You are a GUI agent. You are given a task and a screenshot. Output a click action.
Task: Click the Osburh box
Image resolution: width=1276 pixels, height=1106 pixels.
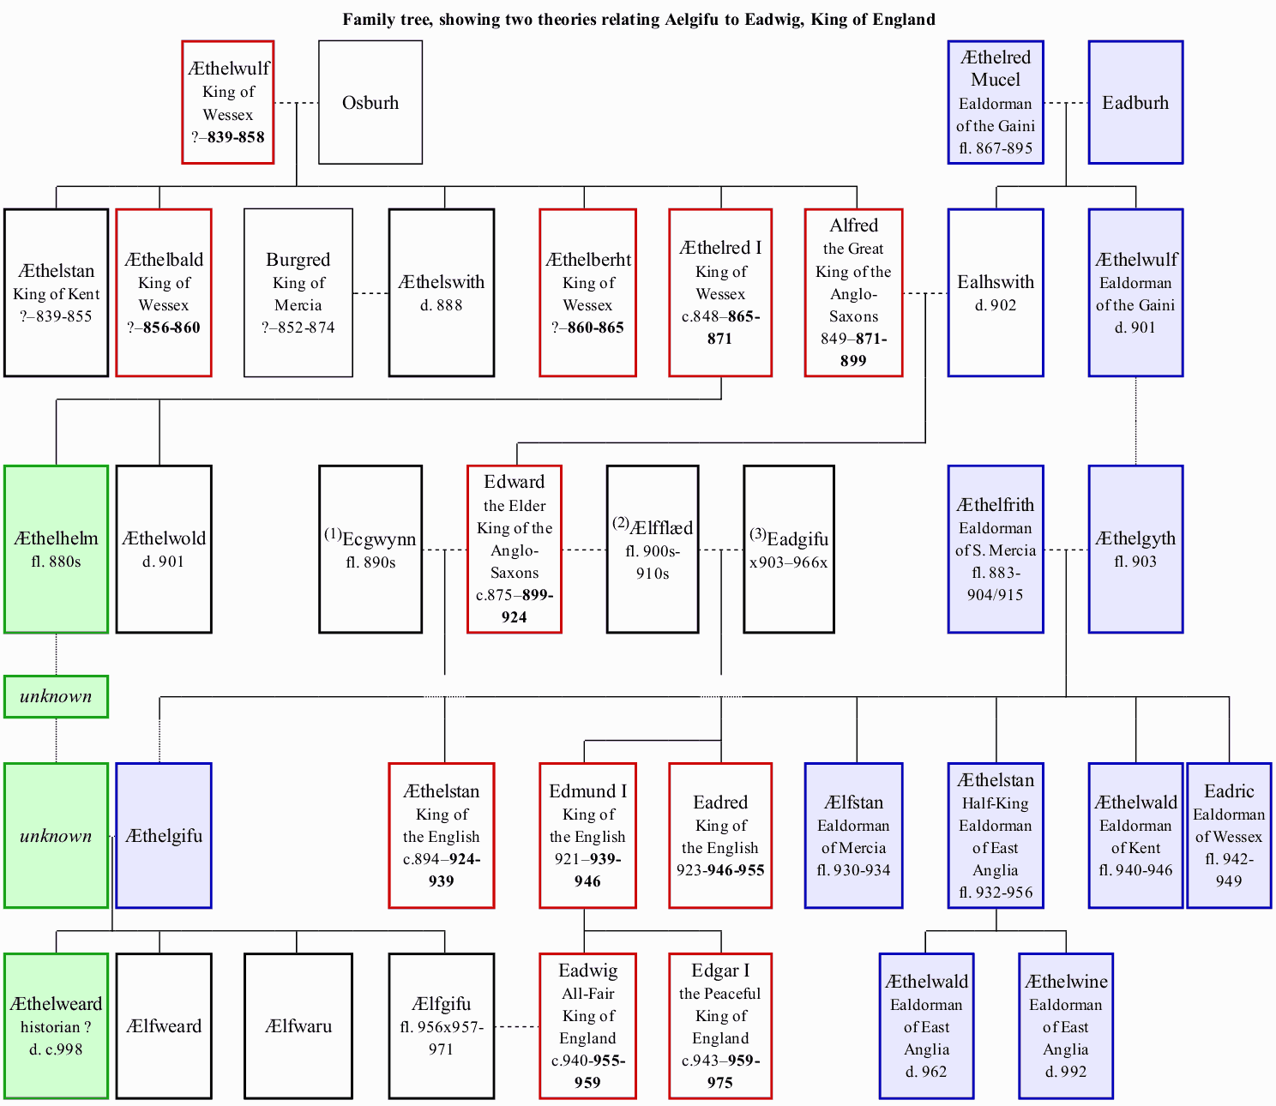click(x=370, y=102)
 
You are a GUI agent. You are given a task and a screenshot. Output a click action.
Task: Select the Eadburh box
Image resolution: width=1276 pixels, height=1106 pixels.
click(x=1136, y=102)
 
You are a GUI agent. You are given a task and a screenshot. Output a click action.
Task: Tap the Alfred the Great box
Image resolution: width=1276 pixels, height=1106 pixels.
click(x=854, y=292)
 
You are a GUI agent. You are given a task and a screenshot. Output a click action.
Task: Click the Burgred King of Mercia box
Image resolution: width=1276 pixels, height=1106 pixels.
click(x=298, y=292)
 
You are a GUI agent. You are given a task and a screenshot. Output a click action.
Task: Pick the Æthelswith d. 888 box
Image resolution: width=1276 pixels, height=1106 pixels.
click(x=442, y=292)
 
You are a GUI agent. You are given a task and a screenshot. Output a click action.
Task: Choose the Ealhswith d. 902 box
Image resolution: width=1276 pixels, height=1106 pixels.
click(x=996, y=292)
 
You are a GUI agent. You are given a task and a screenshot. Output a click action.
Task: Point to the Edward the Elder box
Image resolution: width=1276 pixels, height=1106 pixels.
click(x=515, y=550)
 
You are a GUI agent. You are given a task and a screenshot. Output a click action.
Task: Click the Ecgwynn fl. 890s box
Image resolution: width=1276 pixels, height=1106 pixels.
click(x=370, y=550)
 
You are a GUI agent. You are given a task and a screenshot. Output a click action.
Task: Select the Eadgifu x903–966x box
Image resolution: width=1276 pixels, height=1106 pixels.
click(x=789, y=550)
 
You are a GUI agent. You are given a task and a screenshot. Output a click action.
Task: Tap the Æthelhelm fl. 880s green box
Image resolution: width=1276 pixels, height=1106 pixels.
click(x=57, y=550)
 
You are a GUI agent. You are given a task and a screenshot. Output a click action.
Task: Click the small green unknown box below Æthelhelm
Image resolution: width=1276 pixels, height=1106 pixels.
click(x=57, y=697)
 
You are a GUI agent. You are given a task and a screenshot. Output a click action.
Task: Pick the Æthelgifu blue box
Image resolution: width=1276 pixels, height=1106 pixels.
click(x=164, y=836)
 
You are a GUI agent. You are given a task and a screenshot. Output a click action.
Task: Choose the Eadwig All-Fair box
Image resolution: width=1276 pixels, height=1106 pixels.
click(x=587, y=1025)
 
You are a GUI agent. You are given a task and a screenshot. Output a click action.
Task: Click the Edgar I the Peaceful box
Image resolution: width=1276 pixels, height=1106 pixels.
click(x=720, y=1025)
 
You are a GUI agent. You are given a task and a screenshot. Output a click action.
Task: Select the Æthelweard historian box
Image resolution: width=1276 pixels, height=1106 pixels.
click(x=57, y=1025)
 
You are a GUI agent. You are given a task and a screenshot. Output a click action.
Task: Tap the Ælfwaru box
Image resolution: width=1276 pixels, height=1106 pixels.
click(x=298, y=1025)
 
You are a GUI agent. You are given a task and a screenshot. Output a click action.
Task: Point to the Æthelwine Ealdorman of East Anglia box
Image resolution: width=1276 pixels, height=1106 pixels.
click(x=1066, y=1025)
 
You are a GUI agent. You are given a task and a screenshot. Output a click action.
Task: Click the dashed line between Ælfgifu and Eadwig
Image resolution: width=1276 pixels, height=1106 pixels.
click(x=517, y=1026)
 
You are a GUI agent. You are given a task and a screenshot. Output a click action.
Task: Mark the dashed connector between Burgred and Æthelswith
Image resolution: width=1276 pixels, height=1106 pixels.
click(x=371, y=293)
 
